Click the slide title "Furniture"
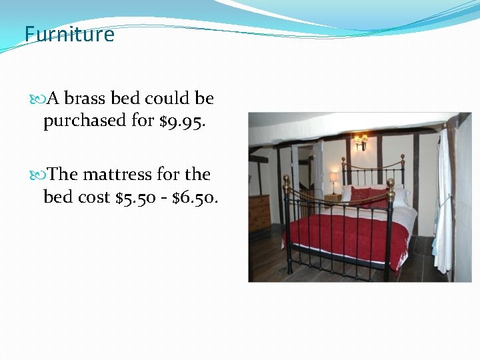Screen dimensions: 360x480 (69, 34)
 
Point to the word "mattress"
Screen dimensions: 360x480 (118, 175)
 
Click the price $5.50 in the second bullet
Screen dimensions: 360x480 (137, 197)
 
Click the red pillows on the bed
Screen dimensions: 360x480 (367, 197)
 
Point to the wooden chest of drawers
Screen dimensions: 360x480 (259, 212)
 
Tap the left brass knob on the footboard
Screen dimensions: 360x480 (287, 180)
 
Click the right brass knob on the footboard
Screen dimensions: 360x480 (390, 183)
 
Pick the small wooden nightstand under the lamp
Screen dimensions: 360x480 (332, 197)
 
